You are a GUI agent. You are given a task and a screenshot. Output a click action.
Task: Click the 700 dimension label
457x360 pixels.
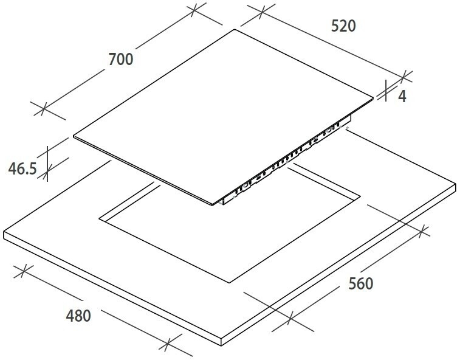[x=120, y=59]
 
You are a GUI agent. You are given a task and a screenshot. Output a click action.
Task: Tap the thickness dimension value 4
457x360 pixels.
[x=402, y=95]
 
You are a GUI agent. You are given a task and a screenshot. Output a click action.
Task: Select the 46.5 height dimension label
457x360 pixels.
[x=22, y=168]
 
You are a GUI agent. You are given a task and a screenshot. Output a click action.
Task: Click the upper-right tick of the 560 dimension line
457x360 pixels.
[x=425, y=230]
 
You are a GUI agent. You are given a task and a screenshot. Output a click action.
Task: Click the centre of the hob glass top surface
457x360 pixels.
[x=222, y=116]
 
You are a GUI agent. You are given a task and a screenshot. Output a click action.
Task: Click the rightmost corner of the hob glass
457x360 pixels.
[x=373, y=95]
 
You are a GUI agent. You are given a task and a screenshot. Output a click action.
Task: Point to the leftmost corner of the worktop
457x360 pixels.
[x=4, y=234]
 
